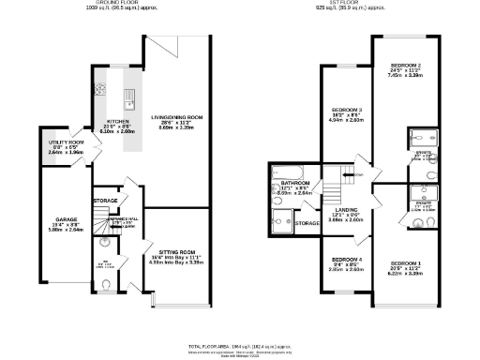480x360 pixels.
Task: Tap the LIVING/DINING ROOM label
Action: (176, 117)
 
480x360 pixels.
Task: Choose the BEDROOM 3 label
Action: (347, 110)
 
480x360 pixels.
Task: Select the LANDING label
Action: (347, 210)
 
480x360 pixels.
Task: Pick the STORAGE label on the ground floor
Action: (105, 200)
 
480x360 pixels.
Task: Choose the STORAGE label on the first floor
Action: (307, 223)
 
